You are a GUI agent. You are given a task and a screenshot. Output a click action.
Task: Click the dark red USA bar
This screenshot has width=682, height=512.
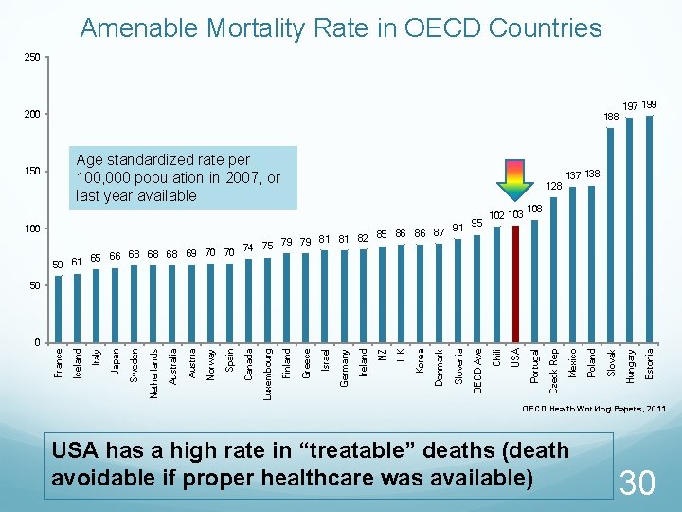coord(515,283)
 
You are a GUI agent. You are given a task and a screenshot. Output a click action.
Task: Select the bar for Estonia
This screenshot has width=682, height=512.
coord(649,229)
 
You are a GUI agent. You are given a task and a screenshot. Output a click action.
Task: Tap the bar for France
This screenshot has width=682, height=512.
coord(58,308)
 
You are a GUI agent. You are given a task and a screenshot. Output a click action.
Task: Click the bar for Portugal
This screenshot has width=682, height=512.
coord(534,281)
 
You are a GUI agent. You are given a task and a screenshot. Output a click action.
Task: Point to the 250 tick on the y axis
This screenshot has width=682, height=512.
coord(31,58)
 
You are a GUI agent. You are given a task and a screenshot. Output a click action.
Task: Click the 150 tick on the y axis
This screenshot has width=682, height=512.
coord(31,172)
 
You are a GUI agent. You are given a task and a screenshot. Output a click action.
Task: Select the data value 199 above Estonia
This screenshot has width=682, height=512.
coord(650,104)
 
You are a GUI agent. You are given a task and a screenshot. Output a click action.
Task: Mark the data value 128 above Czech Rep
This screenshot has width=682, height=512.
coord(555,186)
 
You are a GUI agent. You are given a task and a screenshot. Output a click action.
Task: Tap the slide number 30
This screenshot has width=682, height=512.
coord(637,483)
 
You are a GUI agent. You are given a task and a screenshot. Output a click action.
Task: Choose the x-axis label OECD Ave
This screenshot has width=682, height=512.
coord(478,371)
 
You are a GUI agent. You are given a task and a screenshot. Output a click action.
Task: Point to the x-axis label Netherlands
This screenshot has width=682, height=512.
coord(153,373)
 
